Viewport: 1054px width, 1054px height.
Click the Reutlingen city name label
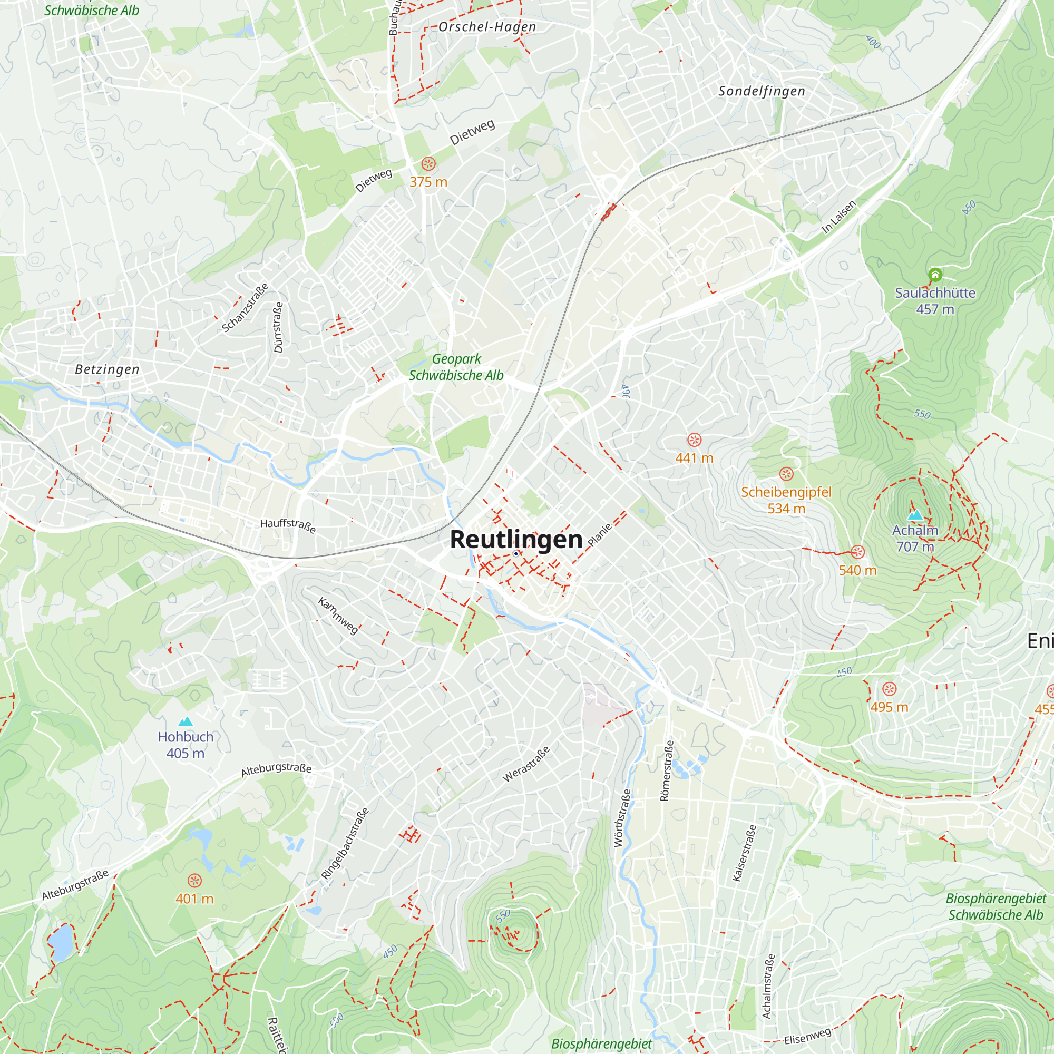tap(516, 540)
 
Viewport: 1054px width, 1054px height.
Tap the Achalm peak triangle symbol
tap(915, 514)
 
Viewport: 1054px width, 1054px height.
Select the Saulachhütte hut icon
tap(935, 275)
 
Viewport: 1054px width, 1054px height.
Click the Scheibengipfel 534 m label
tap(786, 500)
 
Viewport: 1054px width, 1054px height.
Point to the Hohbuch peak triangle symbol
tap(186, 721)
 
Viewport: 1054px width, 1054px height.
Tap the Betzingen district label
tap(107, 369)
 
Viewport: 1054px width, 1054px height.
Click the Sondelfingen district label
tap(762, 91)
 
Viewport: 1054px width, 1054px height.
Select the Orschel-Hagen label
tap(486, 27)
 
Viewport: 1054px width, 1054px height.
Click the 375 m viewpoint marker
tap(428, 164)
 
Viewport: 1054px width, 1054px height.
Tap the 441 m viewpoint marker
tap(694, 440)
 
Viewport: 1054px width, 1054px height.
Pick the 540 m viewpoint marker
tap(857, 552)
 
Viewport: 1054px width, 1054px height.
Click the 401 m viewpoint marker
tap(194, 880)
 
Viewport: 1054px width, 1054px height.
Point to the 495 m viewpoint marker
tap(889, 689)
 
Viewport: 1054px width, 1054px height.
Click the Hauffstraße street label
tap(288, 525)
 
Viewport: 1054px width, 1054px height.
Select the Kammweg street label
tap(338, 616)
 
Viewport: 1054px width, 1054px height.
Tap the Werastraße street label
tap(526, 764)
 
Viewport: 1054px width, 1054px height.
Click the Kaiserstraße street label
tap(745, 853)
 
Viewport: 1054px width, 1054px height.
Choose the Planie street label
tap(600, 534)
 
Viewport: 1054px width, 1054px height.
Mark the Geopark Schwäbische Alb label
tap(456, 367)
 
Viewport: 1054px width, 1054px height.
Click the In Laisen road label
tap(839, 217)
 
